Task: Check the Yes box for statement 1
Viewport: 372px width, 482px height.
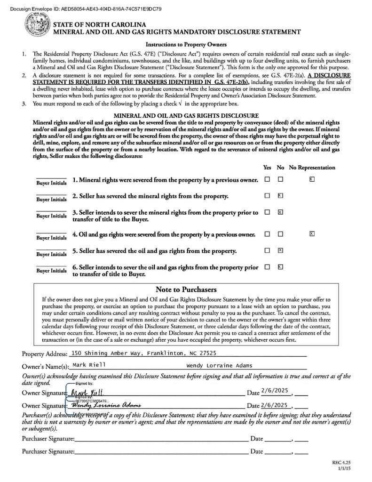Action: tap(267, 179)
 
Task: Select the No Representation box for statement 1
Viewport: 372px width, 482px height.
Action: tap(312, 179)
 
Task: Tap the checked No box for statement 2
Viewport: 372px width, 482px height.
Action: tap(280, 195)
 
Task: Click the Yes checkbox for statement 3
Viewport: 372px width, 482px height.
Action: tap(267, 212)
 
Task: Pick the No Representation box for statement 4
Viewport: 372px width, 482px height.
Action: tap(312, 233)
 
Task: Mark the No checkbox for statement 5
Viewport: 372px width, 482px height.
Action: tap(280, 250)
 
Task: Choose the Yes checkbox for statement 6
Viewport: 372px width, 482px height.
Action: tap(267, 267)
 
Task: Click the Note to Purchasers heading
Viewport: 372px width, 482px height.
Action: tap(186, 289)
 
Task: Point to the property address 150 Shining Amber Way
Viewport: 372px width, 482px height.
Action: tap(144, 353)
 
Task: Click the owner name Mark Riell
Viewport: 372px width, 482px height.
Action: tap(89, 365)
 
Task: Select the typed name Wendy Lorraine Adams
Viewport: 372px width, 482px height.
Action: tap(219, 365)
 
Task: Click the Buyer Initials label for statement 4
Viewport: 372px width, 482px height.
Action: tap(52, 238)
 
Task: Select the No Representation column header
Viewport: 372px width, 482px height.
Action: tap(312, 168)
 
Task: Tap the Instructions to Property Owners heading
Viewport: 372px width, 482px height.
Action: tap(186, 45)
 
